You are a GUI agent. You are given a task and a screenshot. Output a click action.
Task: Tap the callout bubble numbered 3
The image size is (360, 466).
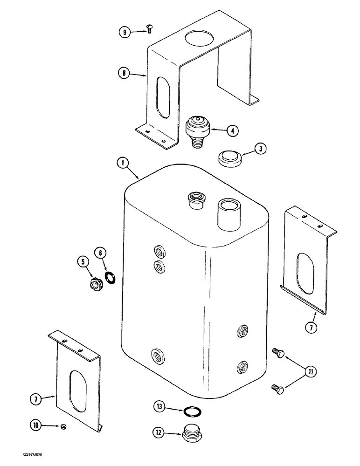[261, 149]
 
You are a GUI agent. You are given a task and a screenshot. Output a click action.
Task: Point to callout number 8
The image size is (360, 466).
[124, 73]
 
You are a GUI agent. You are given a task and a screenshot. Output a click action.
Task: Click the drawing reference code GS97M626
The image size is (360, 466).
[21, 459]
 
